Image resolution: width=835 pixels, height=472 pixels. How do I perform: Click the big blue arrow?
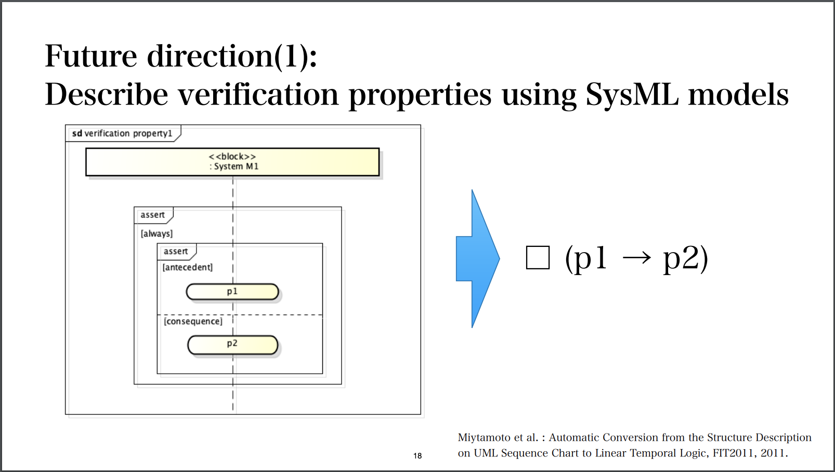477,258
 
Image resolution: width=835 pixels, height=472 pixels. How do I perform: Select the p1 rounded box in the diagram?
232,292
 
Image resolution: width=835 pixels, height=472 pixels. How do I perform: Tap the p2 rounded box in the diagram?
232,344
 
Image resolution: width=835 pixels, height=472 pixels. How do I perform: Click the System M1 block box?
232,162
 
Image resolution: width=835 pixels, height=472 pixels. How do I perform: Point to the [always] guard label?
156,234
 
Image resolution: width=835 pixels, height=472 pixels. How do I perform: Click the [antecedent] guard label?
188,267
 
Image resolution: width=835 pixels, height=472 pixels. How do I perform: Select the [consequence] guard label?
193,321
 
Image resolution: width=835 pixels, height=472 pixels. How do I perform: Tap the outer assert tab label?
152,215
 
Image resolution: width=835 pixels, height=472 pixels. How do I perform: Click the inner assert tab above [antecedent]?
176,252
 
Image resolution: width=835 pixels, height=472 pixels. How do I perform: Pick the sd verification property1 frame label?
122,134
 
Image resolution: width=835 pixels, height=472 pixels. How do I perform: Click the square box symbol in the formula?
538,258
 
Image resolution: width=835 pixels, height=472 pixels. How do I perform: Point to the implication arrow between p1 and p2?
636,257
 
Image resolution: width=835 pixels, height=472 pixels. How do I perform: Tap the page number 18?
417,456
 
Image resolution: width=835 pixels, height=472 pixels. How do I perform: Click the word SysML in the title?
632,95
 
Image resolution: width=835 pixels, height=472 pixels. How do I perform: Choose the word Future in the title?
90,56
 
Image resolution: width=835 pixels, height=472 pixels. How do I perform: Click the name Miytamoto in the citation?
484,438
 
